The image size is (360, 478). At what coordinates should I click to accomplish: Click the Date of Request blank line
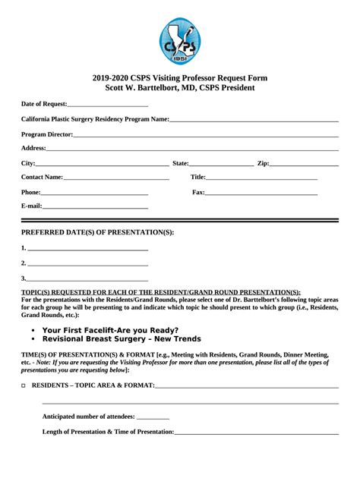pos(107,105)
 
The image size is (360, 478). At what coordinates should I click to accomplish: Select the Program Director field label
pos(47,134)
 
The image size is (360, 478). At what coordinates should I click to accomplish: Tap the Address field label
pos(33,148)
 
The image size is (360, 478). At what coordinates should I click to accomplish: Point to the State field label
pos(181,163)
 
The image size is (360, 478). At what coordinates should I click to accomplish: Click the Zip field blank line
pos(304,165)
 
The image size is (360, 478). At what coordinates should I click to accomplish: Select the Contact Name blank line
pos(115,179)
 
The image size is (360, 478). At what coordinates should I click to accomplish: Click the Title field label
pos(197,178)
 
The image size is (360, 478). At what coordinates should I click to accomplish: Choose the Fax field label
pos(198,193)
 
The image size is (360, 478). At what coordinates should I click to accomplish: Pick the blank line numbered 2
pos(87,265)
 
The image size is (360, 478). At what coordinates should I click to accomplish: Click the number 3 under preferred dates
pos(24,278)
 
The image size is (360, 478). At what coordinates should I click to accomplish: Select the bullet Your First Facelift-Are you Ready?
pos(110,330)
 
